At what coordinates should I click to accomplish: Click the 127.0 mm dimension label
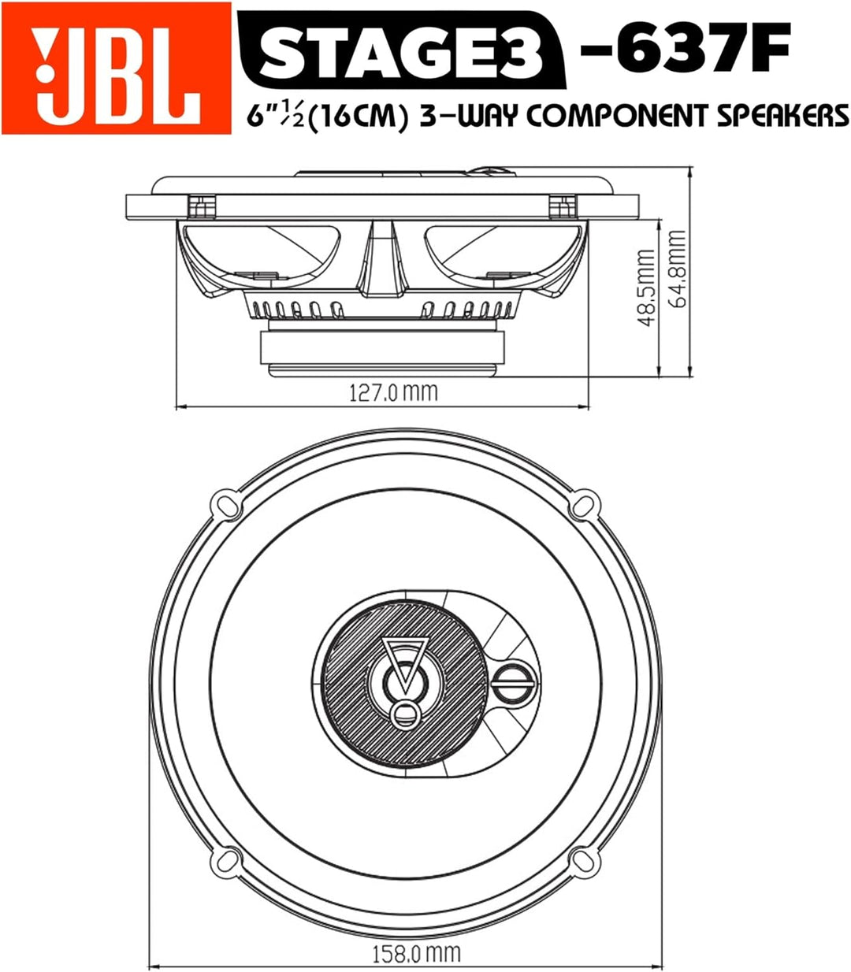pyautogui.click(x=392, y=391)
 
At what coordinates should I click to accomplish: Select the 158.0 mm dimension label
pyautogui.click(x=415, y=954)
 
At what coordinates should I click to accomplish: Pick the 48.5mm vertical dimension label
pyautogui.click(x=646, y=288)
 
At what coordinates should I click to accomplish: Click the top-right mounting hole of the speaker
pyautogui.click(x=585, y=502)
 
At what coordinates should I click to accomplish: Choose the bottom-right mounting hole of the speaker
pyautogui.click(x=585, y=861)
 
